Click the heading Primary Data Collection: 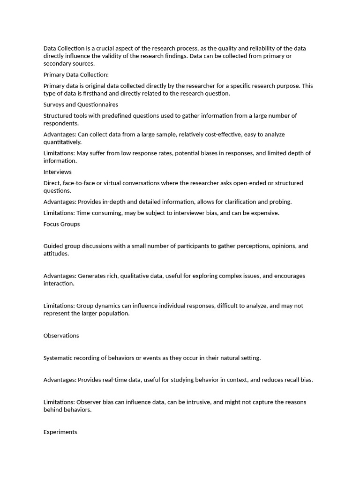coord(76,75)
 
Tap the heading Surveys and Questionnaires coord(81,105)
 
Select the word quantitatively coord(62,142)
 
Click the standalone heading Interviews coord(57,172)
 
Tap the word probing coord(280,202)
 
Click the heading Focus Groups coord(61,224)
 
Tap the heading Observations coord(61,336)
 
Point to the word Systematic coord(59,358)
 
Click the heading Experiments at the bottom coord(60,432)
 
